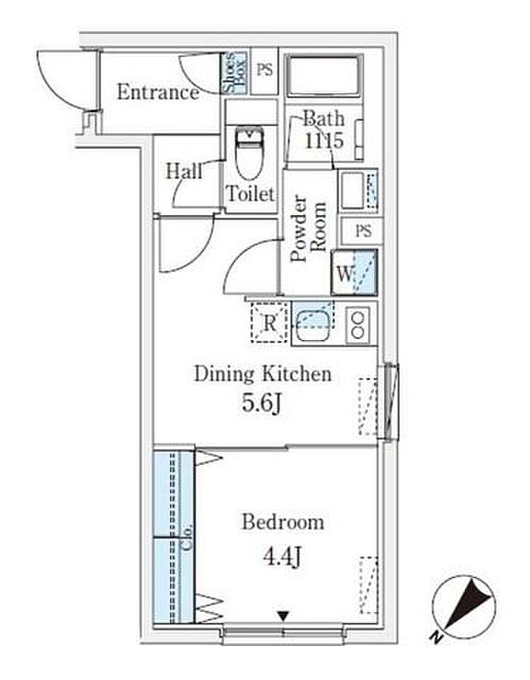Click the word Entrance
point(158,92)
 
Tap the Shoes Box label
point(234,73)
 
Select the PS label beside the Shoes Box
point(264,70)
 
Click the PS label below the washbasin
point(363,231)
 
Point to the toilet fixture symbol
point(250,152)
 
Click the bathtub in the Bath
point(324,76)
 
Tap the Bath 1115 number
point(324,141)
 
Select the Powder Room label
point(308,229)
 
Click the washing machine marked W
point(354,273)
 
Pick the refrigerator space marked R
point(270,323)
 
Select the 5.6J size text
point(261,404)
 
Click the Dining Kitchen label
point(263,374)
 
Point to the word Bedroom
point(282,522)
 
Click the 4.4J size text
point(282,557)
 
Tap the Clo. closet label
point(187,538)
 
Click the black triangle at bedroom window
point(283,616)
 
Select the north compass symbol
point(464,607)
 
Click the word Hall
point(184,171)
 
